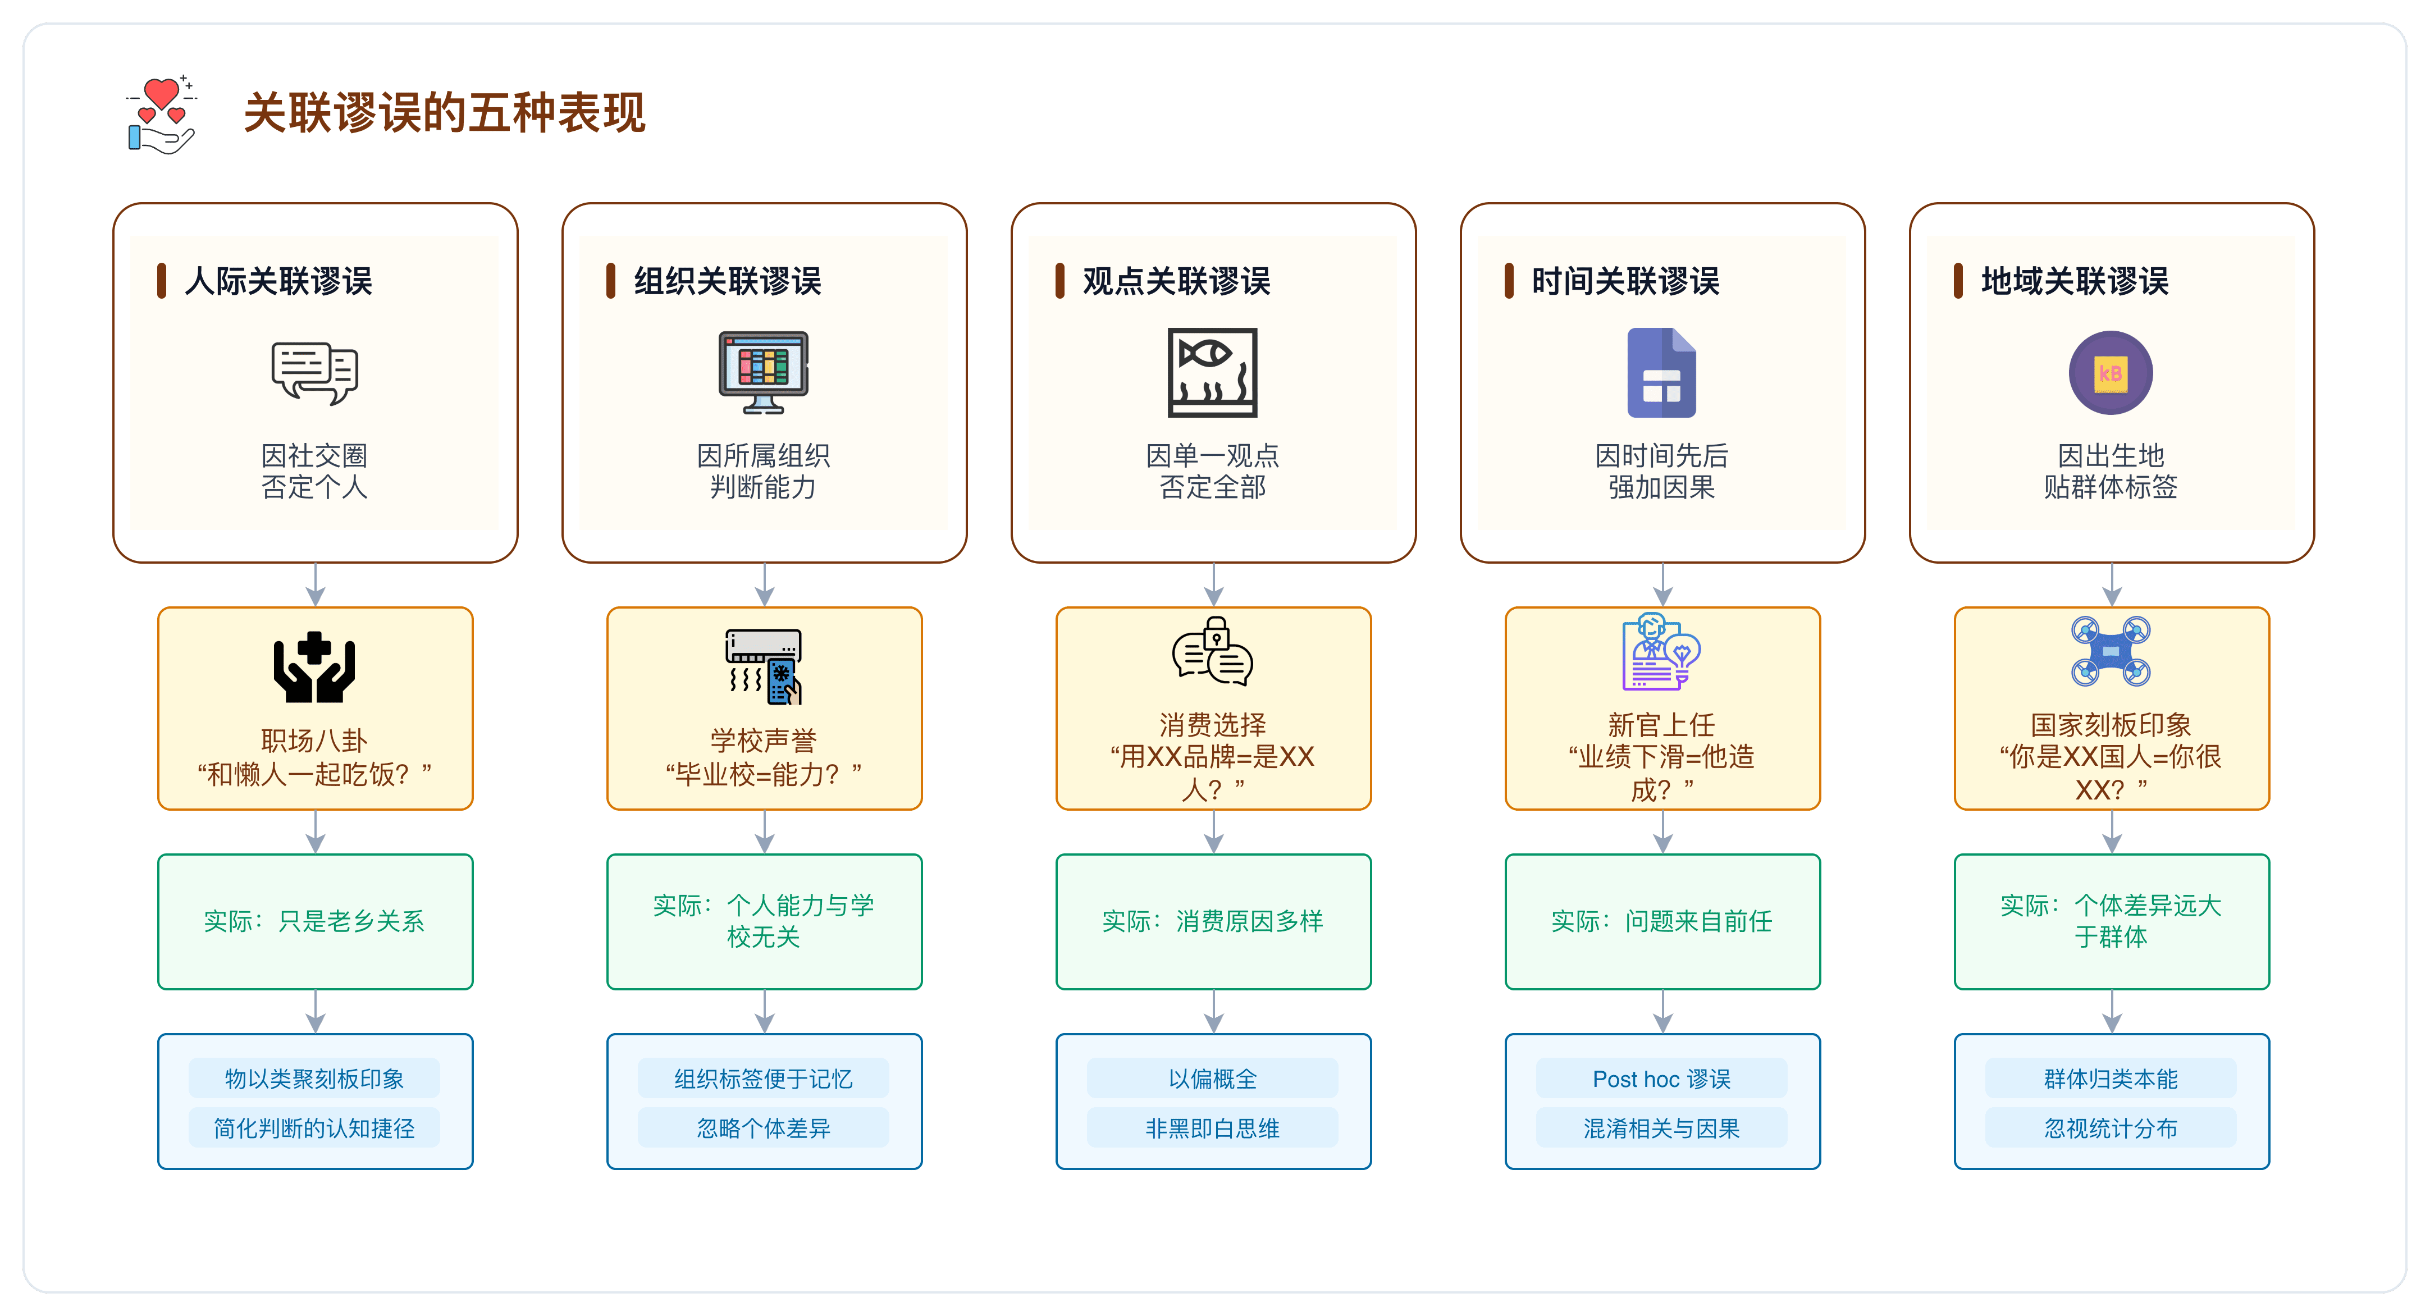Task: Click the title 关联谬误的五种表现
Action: [444, 113]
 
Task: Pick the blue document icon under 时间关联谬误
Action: [1661, 373]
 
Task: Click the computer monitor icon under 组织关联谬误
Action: [763, 373]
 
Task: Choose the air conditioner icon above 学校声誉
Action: [763, 666]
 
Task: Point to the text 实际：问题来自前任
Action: [1661, 921]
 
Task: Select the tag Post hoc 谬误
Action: [1661, 1079]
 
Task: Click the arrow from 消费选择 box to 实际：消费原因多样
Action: [1214, 832]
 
